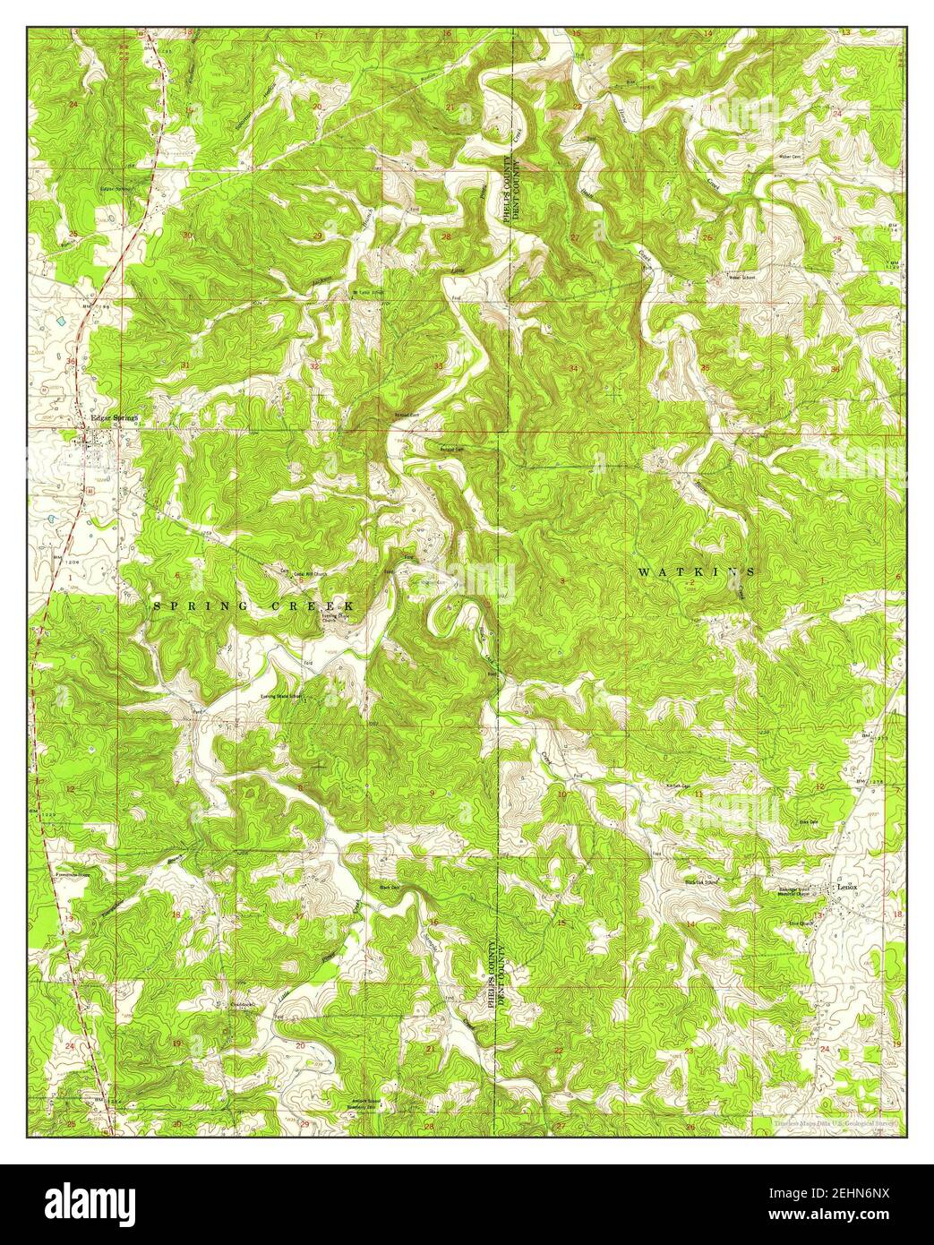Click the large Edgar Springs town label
coord(112,416)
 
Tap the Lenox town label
coord(846,887)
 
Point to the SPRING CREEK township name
coord(254,606)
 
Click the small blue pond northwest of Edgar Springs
coord(61,319)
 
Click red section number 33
coord(438,367)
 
